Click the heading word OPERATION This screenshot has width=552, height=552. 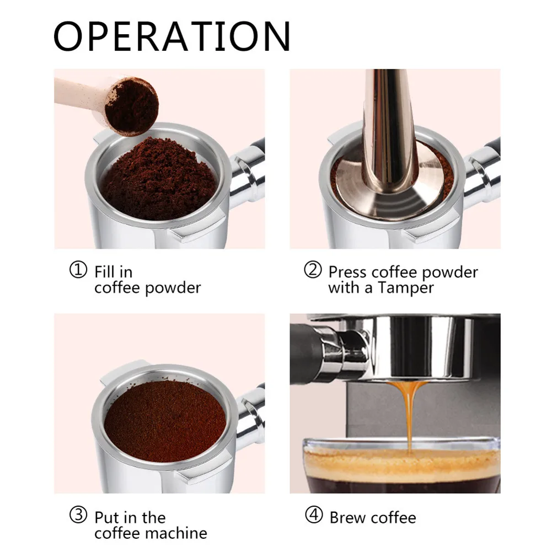coord(172,36)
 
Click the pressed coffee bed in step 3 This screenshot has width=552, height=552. coord(165,420)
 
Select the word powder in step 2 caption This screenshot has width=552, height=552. coord(454,272)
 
